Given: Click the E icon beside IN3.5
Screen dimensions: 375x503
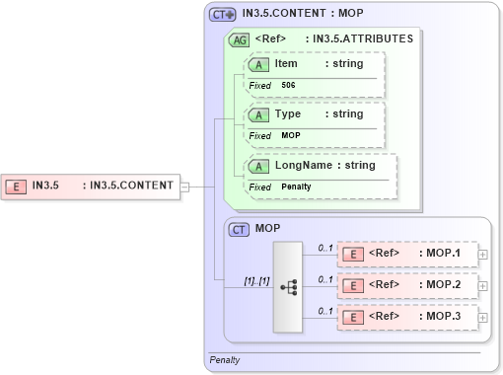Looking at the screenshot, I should click(x=17, y=185).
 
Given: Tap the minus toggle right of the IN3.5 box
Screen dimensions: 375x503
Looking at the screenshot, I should click(x=184, y=185).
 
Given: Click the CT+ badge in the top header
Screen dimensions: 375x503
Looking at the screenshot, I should click(x=223, y=15).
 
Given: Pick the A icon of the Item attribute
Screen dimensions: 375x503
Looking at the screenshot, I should click(x=258, y=64).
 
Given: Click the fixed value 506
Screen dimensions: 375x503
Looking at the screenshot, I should click(x=288, y=86).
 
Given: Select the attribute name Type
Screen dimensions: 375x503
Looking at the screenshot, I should click(x=288, y=114).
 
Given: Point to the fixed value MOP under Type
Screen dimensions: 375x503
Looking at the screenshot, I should click(x=291, y=135).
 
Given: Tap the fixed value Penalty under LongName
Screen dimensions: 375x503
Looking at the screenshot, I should click(x=297, y=187).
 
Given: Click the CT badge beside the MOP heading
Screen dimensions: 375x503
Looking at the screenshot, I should click(x=239, y=229).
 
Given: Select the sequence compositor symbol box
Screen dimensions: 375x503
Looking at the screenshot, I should click(x=289, y=286).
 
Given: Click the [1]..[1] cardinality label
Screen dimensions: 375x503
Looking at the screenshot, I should click(x=256, y=280).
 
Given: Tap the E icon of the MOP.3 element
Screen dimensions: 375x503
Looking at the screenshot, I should click(x=352, y=319).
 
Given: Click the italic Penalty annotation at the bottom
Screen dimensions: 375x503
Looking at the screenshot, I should click(x=225, y=361).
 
